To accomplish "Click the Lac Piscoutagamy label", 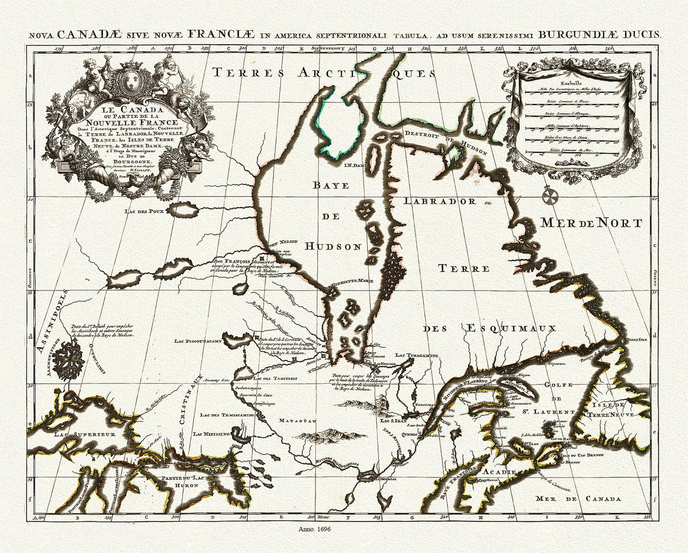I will pos(198,341).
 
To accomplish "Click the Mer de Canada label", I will pos(578,499).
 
